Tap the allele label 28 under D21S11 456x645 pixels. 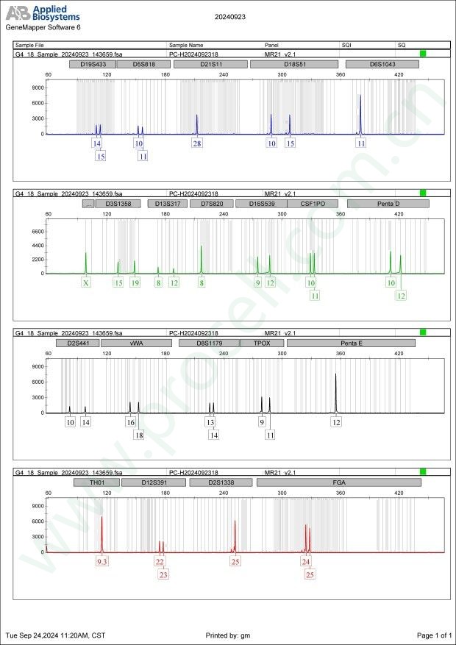(x=197, y=143)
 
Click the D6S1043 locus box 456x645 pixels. (x=382, y=64)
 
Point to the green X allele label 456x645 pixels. (x=86, y=282)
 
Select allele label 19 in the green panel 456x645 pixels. (x=135, y=282)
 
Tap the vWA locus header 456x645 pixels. (x=136, y=343)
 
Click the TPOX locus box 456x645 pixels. (x=262, y=343)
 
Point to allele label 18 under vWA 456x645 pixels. (x=139, y=435)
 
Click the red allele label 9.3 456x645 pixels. (x=102, y=562)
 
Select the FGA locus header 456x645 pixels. (x=338, y=482)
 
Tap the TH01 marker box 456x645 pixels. (x=96, y=482)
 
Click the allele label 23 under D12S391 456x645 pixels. (x=163, y=574)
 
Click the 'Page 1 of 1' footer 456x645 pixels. (x=433, y=635)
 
